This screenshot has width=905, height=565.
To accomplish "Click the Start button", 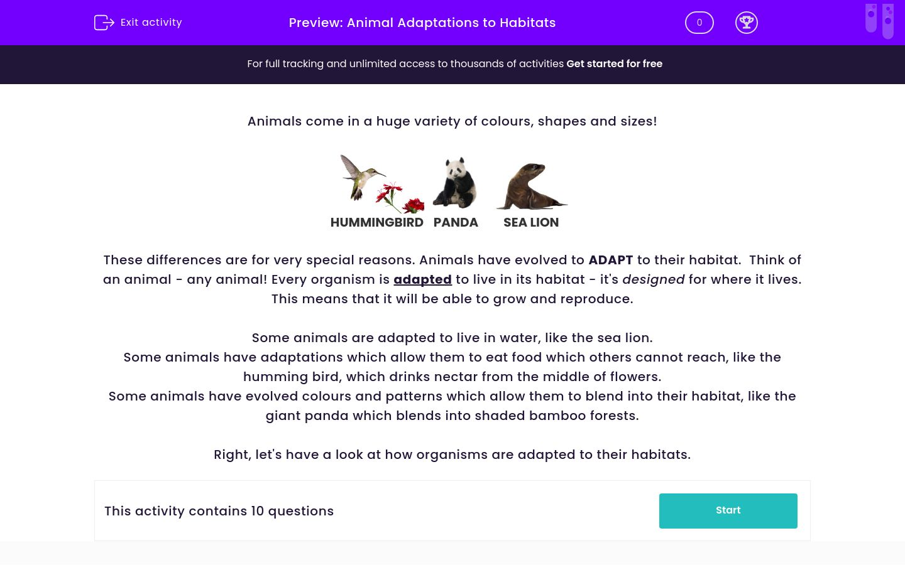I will pos(728,510).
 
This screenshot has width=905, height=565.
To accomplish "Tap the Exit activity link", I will pos(151,23).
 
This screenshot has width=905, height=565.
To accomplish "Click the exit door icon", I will pos(104,23).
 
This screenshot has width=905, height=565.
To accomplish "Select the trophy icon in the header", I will pos(746,23).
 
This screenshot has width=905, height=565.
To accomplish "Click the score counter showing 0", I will pos(699,23).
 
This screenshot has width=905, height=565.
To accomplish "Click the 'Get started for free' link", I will pos(614,64).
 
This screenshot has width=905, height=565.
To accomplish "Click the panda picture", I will pos(455,182).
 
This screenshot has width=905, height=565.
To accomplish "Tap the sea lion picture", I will pos(531,186).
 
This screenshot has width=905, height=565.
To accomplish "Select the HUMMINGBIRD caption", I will pos(376,223).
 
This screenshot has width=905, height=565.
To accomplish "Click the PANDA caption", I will pos(456,223).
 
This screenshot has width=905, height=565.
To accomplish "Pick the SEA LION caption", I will pos(531,223).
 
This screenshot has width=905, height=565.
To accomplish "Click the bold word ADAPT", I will pos(610,260).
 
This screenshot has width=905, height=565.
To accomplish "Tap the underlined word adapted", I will pos(422,279).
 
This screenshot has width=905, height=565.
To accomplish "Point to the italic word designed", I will pos(653,279).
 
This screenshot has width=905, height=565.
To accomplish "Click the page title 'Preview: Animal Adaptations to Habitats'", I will pos(422,23).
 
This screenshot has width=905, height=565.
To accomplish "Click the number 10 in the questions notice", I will pos(257,511).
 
